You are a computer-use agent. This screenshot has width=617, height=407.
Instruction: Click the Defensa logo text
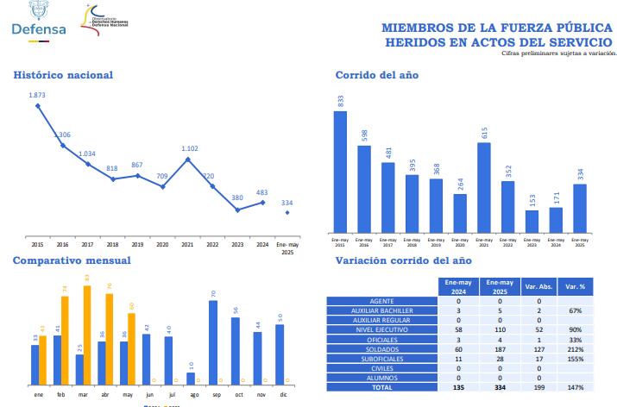[39, 28]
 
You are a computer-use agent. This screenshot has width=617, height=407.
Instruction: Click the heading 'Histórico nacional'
[63, 75]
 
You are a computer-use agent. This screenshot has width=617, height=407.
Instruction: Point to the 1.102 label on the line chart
[191, 148]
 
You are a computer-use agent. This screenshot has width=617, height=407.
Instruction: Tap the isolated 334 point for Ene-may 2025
[286, 212]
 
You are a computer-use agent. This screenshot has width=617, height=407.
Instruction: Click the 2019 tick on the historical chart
[137, 244]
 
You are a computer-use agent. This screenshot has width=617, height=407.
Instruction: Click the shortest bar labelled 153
[532, 222]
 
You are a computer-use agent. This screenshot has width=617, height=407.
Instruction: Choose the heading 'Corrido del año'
[377, 75]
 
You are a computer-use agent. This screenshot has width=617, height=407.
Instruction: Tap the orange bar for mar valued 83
[87, 335]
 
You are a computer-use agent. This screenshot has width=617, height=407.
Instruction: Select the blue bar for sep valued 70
[213, 343]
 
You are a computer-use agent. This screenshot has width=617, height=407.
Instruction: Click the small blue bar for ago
[191, 378]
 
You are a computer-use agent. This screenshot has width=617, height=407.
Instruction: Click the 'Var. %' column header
[575, 285]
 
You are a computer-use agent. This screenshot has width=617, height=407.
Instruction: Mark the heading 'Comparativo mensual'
[72, 260]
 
